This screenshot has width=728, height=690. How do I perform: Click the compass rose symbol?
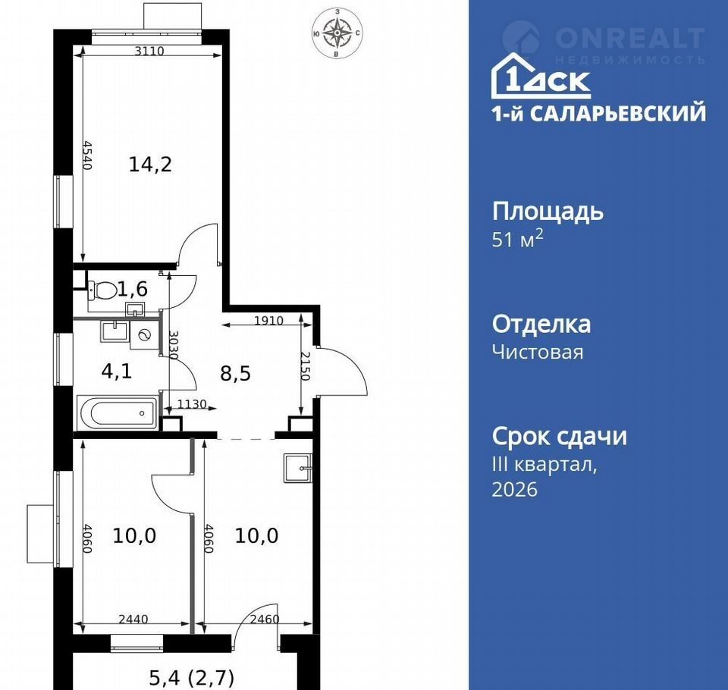(x=337, y=33)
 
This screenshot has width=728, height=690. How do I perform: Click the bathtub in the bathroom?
(x=119, y=412)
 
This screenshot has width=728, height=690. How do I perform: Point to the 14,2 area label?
(x=150, y=165)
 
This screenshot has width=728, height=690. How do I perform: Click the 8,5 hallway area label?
(x=235, y=373)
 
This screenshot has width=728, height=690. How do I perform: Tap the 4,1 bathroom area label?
(x=117, y=371)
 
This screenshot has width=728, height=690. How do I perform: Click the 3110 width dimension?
(x=149, y=51)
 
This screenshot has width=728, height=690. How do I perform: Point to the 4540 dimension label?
(x=87, y=155)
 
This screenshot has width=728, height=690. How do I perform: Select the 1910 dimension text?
(x=268, y=321)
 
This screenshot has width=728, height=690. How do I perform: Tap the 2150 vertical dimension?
(x=305, y=366)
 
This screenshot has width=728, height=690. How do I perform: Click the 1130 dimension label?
(x=192, y=404)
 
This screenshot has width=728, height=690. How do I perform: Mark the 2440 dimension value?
(x=133, y=619)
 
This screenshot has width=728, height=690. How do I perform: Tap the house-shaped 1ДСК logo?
(x=541, y=76)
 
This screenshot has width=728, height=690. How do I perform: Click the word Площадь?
(x=548, y=212)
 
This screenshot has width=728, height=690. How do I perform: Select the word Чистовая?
(x=538, y=352)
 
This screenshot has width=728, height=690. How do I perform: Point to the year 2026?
(x=514, y=489)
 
